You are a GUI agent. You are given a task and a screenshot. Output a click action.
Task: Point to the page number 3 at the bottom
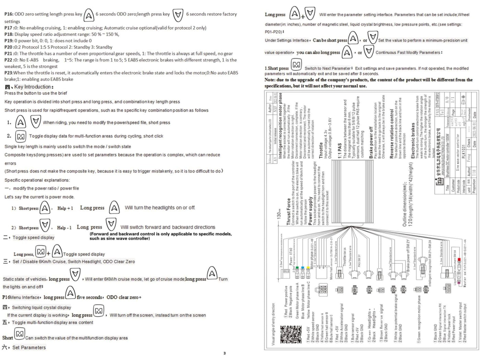(225, 353)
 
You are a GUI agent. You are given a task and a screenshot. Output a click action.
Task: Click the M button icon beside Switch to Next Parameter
(296, 65)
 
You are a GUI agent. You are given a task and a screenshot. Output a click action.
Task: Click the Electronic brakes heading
(413, 141)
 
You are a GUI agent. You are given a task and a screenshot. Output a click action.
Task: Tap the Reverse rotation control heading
(392, 134)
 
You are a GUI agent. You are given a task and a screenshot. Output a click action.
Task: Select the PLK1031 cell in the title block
(464, 151)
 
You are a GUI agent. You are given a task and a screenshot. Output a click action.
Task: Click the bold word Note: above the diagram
(270, 80)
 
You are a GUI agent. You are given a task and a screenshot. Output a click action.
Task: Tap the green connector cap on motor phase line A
(297, 268)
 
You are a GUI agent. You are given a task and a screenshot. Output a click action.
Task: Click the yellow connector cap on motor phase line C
(308, 268)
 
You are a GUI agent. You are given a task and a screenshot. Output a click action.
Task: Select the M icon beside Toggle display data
(21, 136)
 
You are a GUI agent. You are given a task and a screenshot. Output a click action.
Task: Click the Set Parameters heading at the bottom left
(29, 347)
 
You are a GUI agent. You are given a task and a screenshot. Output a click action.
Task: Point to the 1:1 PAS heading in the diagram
(339, 150)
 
